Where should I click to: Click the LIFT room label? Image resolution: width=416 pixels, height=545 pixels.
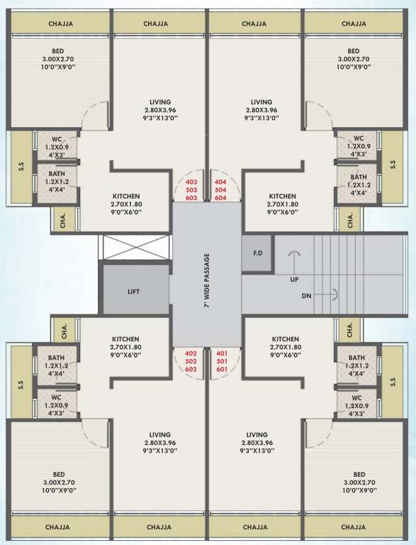(x=133, y=291)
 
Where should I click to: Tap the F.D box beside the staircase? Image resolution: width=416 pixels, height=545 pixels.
(x=257, y=253)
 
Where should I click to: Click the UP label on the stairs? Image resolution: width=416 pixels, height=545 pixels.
(x=294, y=279)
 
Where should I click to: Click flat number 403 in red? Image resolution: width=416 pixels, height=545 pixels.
(x=191, y=182)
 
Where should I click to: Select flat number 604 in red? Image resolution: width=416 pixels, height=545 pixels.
(x=220, y=199)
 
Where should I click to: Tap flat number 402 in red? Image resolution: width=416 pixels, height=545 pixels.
(x=191, y=353)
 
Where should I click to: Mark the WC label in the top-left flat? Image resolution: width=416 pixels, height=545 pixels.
(x=57, y=138)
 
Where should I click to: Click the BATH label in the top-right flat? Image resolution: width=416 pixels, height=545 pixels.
(x=358, y=177)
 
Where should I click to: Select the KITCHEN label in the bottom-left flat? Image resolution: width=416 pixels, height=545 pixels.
(x=126, y=339)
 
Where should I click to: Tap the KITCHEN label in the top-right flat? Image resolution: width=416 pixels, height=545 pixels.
(x=282, y=196)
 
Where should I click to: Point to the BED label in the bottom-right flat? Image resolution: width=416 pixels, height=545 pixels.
(x=359, y=474)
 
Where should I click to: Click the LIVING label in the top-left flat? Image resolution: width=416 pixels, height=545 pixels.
(x=160, y=102)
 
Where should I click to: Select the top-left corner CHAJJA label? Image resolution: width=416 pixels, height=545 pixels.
(x=61, y=23)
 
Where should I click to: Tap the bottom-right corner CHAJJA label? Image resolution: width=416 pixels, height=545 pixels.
(x=353, y=527)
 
